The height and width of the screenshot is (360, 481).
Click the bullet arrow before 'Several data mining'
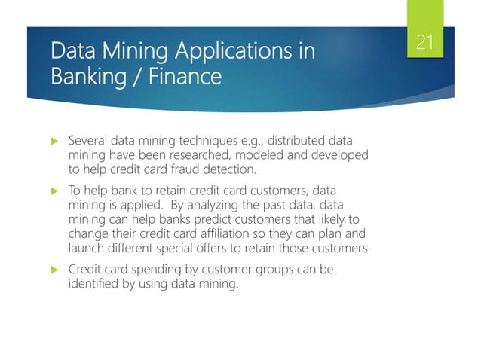click(53, 141)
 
